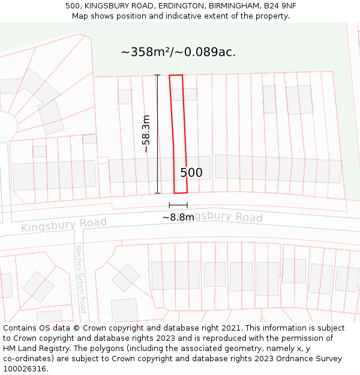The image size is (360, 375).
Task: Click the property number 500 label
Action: [x=191, y=173]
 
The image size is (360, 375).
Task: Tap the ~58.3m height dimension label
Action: [x=146, y=134]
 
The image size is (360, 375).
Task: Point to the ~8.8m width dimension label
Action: [x=178, y=217]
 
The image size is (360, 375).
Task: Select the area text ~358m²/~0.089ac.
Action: [x=178, y=52]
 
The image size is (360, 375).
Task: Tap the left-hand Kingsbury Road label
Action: [x=64, y=225]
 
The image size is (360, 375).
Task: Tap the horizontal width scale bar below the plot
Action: [x=178, y=205]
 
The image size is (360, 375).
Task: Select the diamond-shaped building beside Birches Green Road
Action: [x=125, y=277]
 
